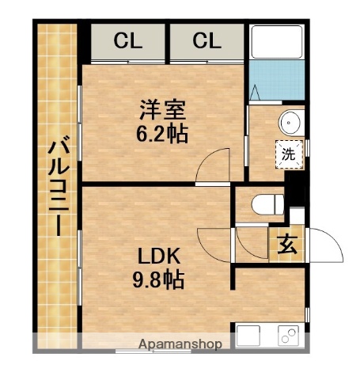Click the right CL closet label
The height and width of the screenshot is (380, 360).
coord(206,40)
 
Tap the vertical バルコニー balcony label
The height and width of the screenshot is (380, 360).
coord(55,187)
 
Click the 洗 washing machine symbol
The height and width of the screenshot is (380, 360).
coord(289,154)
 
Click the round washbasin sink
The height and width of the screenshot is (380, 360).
coord(289,123)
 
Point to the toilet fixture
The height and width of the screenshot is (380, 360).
coord(264,205)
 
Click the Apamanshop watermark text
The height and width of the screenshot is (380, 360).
coord(180,344)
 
